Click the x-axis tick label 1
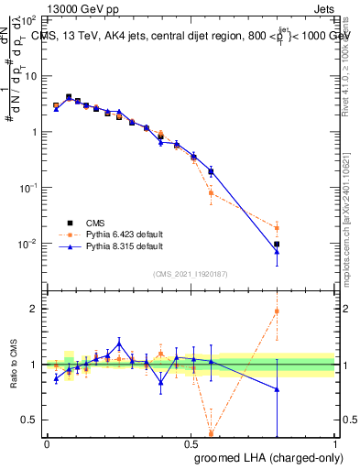pyautogui.click(x=335, y=443)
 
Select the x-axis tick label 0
pyautogui.click(x=47, y=443)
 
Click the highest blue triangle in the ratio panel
pyautogui.click(x=119, y=344)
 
